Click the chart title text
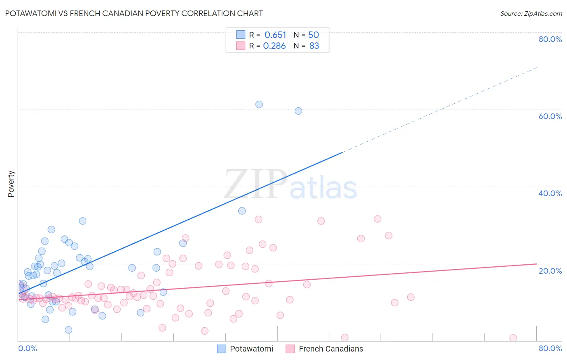pos(134,14)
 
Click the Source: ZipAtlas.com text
pos(531,14)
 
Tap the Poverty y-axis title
pos(11,184)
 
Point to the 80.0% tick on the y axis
pos(550,39)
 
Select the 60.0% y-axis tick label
pos(550,116)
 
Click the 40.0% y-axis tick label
pos(550,193)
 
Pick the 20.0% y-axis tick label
pos(550,271)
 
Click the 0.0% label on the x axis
pos(27,348)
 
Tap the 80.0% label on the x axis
pos(550,348)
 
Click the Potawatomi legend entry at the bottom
pos(245,349)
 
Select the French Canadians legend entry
pos(325,349)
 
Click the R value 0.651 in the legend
pos(275,35)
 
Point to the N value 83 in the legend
pos(314,46)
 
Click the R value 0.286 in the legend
pos(274,46)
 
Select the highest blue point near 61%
pos(259,105)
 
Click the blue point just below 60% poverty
pos(298,111)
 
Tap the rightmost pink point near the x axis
pos(513,338)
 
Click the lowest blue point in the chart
pos(69,330)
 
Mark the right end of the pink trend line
pos(536,264)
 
